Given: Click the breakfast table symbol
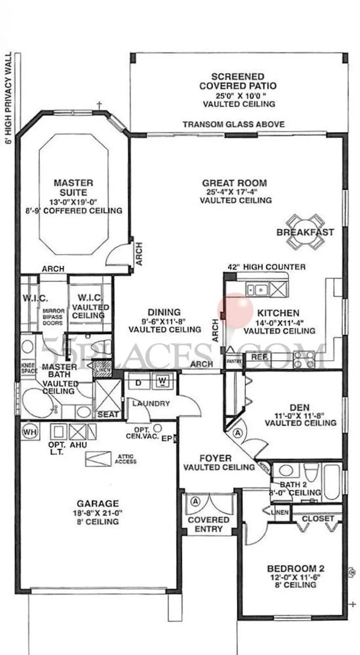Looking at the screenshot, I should point(305,231).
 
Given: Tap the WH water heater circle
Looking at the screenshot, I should point(28,431).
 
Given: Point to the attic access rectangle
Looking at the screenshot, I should point(98,459).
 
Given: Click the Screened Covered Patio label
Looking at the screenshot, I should point(238,81).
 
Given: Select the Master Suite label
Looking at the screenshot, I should point(73,188).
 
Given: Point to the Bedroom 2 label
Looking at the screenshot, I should point(296,569).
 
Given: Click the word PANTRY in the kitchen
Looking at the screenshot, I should point(232,360).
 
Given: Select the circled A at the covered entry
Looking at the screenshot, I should point(195,500).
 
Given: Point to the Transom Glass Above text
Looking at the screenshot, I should point(234,124).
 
